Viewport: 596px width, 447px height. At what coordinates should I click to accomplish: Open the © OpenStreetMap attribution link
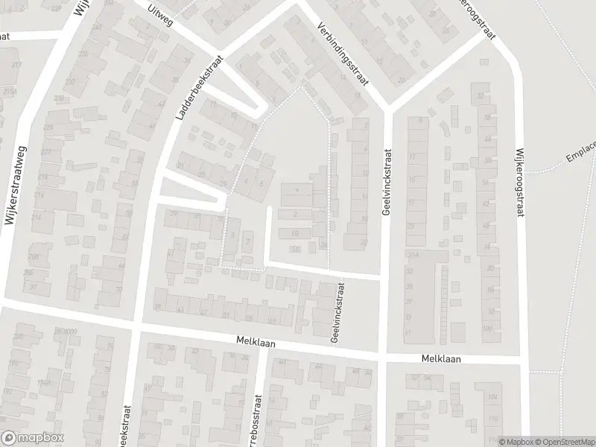[x=563, y=442]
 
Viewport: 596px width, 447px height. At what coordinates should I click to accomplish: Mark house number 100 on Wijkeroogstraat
[x=488, y=329]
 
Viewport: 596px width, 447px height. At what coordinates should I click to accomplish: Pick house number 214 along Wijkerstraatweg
[x=37, y=218]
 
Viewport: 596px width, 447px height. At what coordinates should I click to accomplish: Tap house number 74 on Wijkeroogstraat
[x=489, y=247]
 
